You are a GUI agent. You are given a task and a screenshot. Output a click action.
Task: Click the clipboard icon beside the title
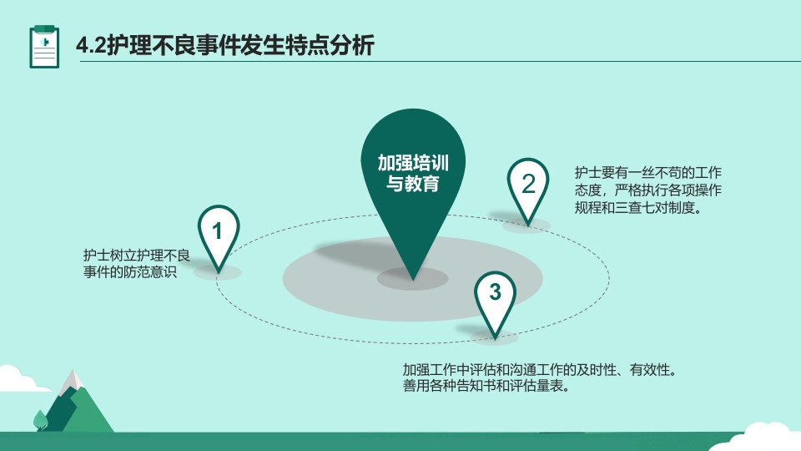44,46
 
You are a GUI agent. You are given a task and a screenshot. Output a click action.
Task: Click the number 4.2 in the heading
90,46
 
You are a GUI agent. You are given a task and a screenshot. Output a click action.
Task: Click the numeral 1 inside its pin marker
218,231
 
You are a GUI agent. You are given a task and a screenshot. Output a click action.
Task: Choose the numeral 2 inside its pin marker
528,184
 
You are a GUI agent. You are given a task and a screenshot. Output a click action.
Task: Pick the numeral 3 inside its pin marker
496,292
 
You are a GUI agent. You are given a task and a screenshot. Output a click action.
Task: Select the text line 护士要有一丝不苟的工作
647,173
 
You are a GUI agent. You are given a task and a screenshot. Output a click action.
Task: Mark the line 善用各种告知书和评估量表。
486,387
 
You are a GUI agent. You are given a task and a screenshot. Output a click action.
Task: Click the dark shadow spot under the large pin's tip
413,279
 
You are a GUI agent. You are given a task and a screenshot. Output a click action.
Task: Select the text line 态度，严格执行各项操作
647,190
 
